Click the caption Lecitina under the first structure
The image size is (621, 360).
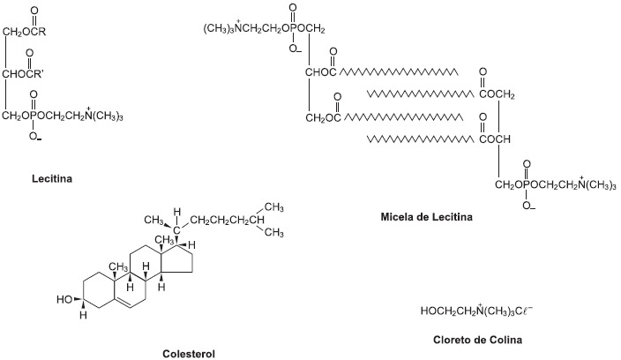pyautogui.click(x=52, y=178)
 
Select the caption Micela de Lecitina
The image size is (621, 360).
pyautogui.click(x=427, y=217)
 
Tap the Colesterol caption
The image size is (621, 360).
pyautogui.click(x=189, y=354)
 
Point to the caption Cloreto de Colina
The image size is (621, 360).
pyautogui.click(x=477, y=340)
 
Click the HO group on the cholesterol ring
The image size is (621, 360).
pyautogui.click(x=64, y=299)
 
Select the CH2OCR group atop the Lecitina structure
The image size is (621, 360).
pyautogui.click(x=24, y=32)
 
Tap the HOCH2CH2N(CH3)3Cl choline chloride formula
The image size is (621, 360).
pyautogui.click(x=476, y=311)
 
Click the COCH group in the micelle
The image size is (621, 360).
pyautogui.click(x=495, y=139)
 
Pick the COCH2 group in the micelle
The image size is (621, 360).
pyautogui.click(x=497, y=95)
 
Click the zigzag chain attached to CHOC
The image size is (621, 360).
pyautogui.click(x=399, y=72)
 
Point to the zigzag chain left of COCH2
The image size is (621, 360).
pyautogui.click(x=420, y=94)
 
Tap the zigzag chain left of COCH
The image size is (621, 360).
pyautogui.click(x=420, y=139)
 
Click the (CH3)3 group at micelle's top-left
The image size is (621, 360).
pyautogui.click(x=219, y=29)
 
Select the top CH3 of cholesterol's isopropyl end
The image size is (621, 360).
pyautogui.click(x=273, y=207)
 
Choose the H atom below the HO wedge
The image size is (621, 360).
pyautogui.click(x=83, y=315)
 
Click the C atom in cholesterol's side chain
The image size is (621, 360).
pyautogui.click(x=176, y=229)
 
